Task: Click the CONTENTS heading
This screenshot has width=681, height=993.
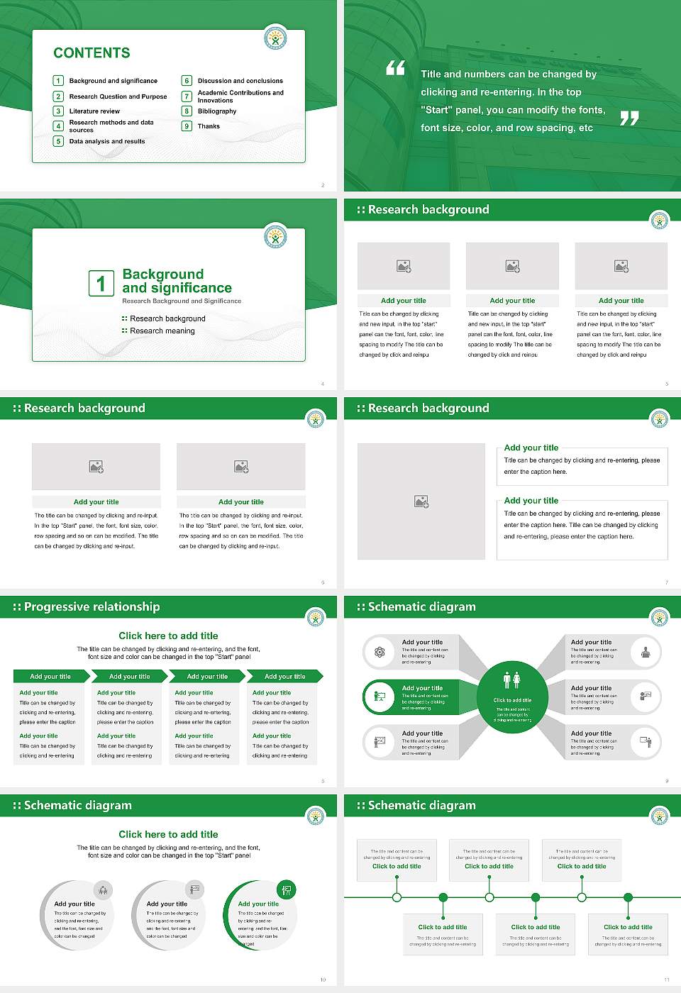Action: coord(92,53)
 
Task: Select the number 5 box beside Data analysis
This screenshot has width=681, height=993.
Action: coord(58,141)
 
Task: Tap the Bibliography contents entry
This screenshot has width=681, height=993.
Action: coord(217,111)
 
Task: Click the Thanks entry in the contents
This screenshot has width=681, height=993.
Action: coord(209,126)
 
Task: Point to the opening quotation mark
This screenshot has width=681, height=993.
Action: coord(395,68)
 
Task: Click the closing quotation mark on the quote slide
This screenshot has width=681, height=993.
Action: coord(629,118)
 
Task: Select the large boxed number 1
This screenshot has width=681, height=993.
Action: coord(101,283)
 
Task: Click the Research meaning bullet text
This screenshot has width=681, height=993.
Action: coord(162,331)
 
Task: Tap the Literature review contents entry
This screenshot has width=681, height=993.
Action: coord(94,111)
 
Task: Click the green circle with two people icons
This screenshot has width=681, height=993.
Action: coord(512,698)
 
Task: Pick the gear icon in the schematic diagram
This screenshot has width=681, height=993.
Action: coord(380,652)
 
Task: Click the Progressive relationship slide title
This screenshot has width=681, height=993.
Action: coord(92,607)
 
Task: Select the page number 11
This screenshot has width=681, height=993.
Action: coord(667,980)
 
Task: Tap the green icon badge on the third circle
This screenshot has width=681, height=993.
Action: coord(287,889)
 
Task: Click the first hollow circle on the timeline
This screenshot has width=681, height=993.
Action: coord(397,897)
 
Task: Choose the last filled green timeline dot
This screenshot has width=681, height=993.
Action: coord(628,897)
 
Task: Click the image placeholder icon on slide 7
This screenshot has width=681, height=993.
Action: coord(421,501)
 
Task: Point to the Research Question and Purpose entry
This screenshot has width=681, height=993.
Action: coord(118,96)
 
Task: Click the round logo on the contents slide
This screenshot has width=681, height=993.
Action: coord(275,38)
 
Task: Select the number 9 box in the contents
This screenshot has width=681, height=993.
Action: coord(187,126)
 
